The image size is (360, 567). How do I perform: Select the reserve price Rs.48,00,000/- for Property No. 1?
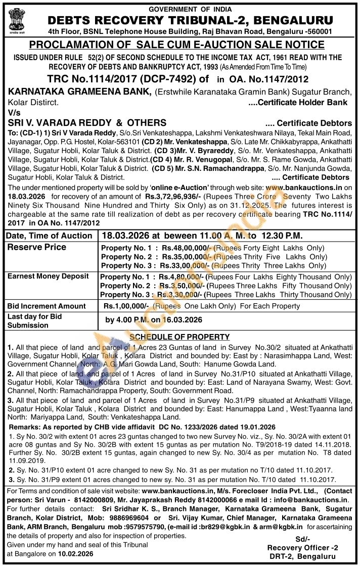[x=187, y=248]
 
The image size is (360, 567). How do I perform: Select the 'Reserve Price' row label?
[x=36, y=247]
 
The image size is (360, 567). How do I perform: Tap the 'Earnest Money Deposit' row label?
[x=48, y=276]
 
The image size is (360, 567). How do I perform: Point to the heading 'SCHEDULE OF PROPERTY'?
[x=179, y=337]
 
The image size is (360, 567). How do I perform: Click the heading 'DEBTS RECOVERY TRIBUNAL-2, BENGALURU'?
[x=190, y=20]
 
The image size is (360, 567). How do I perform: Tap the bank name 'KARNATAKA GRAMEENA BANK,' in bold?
[x=80, y=91]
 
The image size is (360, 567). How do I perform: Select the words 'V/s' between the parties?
[x=15, y=113]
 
